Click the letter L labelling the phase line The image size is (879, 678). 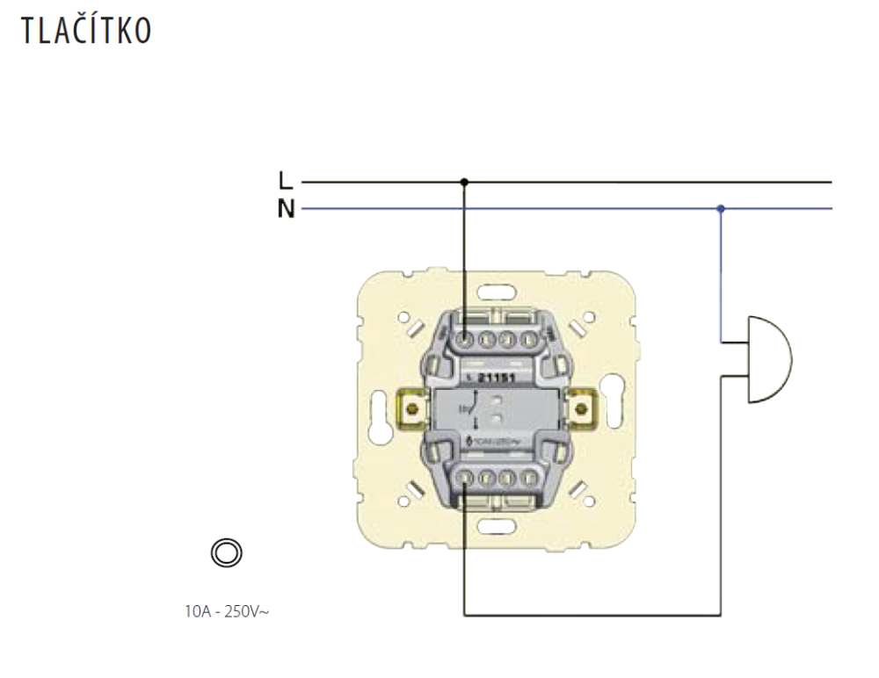284,181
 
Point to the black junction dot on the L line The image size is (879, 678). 464,182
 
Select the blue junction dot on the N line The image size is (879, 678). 721,209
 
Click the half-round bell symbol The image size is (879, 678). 767,359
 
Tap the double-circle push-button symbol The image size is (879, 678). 226,552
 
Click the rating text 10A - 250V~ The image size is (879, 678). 227,610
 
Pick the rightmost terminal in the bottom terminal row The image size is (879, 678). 528,478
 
